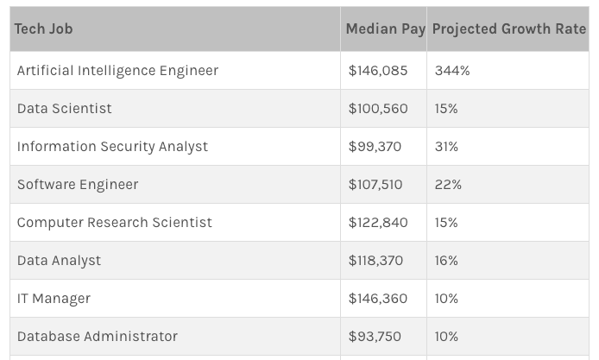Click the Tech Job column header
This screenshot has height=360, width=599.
[x=44, y=28]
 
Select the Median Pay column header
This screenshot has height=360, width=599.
[x=385, y=28]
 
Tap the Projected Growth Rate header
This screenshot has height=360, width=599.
[x=508, y=28]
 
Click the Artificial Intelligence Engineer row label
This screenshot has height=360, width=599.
[x=117, y=70]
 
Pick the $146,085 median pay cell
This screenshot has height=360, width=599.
[x=378, y=70]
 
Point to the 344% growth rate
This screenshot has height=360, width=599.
[x=452, y=70]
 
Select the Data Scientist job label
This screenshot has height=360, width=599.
[x=65, y=108]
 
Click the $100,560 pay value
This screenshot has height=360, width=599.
[x=378, y=108]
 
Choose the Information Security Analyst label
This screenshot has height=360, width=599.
[x=112, y=146]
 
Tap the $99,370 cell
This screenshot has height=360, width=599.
[x=375, y=146]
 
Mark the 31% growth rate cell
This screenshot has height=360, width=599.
[x=446, y=146]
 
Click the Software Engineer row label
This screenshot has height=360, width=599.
[x=78, y=184]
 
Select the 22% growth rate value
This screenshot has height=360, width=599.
[x=448, y=184]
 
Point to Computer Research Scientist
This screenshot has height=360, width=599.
[x=114, y=222]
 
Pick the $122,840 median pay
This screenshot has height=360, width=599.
[x=378, y=222]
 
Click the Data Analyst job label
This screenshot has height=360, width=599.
[x=59, y=260]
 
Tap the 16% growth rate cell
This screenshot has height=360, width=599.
[x=446, y=260]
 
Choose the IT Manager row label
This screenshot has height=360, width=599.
[x=54, y=298]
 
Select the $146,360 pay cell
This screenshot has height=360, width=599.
[x=378, y=298]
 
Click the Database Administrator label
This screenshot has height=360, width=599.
[x=98, y=336]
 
